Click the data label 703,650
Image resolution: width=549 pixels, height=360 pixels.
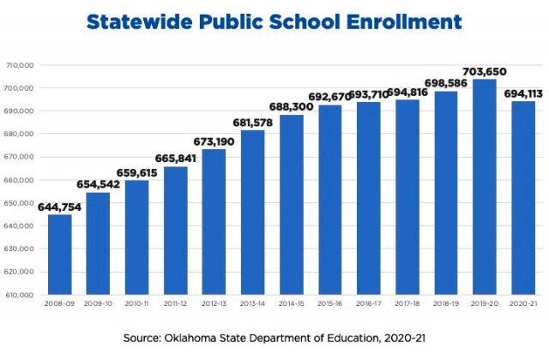485,71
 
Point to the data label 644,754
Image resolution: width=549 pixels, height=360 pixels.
60,207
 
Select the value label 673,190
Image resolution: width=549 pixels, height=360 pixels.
214,141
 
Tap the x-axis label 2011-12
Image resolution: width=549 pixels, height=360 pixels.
175,303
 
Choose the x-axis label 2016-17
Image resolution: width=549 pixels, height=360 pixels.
368,303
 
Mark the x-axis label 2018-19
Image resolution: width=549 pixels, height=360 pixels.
445,303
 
